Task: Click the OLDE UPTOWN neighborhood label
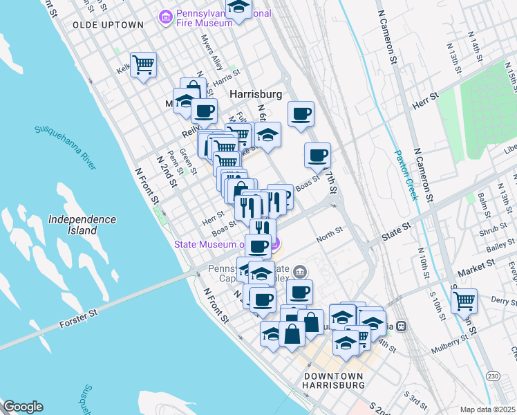tap(108, 25)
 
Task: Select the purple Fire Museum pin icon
tap(166, 15)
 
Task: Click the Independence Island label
tap(82, 224)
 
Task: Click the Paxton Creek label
tap(406, 176)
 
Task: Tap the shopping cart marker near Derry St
tap(464, 301)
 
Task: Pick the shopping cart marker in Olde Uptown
tap(144, 65)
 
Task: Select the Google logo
tap(23, 407)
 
